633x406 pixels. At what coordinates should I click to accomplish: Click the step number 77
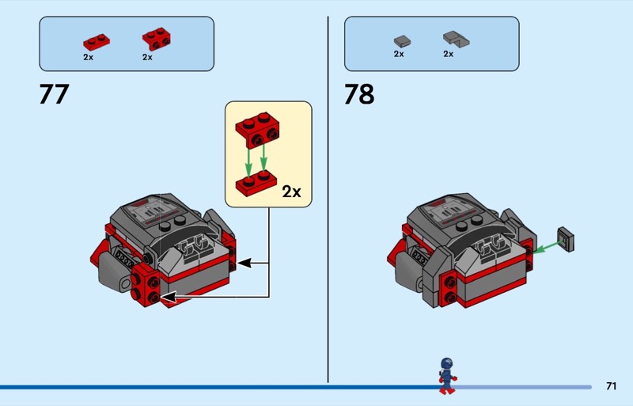point(54,95)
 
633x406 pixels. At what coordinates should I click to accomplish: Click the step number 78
point(358,95)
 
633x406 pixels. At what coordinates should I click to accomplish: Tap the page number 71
point(611,386)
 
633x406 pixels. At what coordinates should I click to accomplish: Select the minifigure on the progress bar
point(447,375)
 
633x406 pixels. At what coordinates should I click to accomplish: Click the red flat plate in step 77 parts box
point(96,41)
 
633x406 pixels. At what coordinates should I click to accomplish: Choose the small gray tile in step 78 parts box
point(402,40)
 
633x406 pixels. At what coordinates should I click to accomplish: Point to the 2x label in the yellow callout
point(291,191)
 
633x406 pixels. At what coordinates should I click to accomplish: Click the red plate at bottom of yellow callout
point(256,180)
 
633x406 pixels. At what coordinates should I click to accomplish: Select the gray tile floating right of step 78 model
point(566,239)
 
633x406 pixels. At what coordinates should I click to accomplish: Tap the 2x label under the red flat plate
point(88,57)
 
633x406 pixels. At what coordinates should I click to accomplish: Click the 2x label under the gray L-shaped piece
point(448,54)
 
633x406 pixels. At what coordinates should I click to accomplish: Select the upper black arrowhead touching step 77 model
point(244,262)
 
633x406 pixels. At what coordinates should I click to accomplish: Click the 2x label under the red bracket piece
point(147,57)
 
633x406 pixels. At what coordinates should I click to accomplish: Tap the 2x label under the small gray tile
point(399,54)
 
